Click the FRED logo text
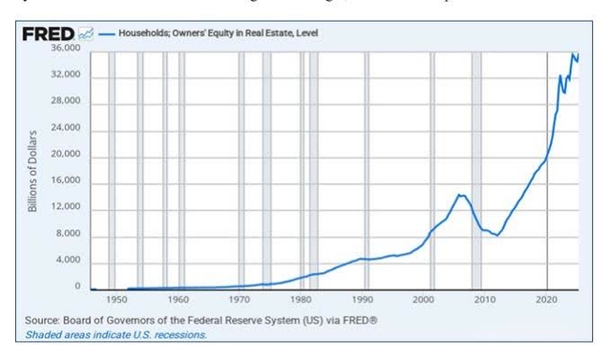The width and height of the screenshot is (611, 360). pos(49,34)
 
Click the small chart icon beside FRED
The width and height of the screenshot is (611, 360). pos(86,34)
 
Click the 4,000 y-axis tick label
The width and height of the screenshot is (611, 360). pos(68,261)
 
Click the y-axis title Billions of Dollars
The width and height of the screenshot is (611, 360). pos(32,168)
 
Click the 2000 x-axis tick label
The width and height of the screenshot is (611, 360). pos(425,299)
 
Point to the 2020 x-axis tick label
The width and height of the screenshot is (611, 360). pos(546,299)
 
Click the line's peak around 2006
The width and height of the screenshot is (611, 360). pos(461,195)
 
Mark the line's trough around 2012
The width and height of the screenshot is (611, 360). pos(497,235)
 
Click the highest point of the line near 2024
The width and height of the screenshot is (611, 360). pos(573,53)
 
